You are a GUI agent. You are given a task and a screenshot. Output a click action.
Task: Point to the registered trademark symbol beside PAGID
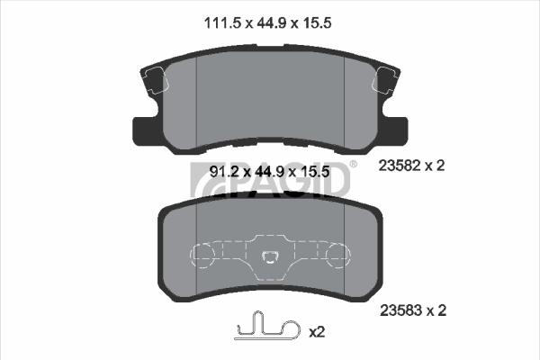pos(353,164)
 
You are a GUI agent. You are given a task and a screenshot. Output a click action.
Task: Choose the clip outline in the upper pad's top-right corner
pos(385,82)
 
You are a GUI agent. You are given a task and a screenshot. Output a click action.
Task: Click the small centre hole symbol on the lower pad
pos(269,259)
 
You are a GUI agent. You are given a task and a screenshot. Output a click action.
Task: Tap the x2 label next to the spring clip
pos(316,331)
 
